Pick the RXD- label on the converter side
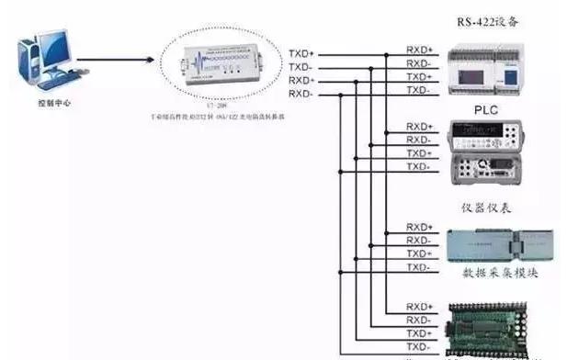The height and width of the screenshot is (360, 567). (301, 94)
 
